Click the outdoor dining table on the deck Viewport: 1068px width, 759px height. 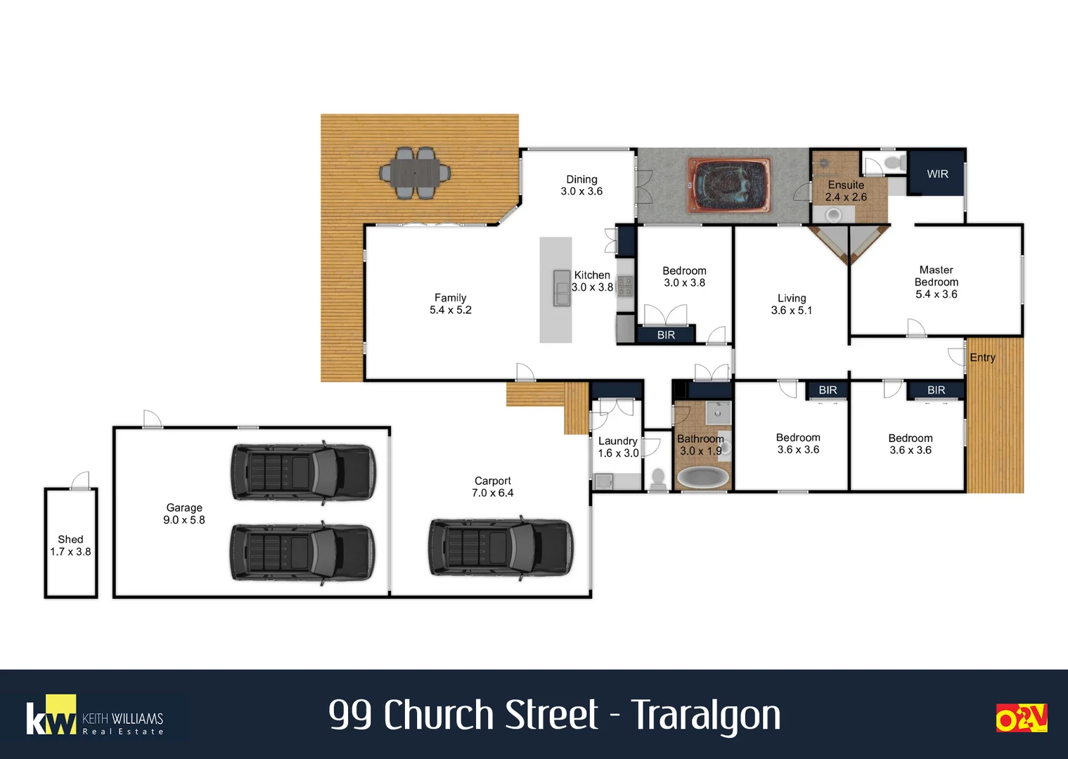[x=415, y=172]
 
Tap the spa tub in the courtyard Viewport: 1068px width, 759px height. [x=729, y=186]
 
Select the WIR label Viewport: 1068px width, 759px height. [x=937, y=174]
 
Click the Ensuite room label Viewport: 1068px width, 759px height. [x=846, y=185]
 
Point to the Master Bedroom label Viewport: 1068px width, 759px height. [x=936, y=275]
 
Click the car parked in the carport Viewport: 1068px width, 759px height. [x=501, y=548]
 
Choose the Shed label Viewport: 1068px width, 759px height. [x=70, y=539]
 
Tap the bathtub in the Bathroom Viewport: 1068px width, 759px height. [x=702, y=478]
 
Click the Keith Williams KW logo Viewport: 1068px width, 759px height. [x=51, y=717]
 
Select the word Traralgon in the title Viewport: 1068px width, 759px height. [x=705, y=715]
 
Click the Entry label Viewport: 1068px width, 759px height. [x=982, y=357]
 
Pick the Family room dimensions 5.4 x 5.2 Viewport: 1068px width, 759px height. [x=450, y=310]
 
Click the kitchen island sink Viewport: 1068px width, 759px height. [x=562, y=287]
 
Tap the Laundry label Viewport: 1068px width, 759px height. [x=617, y=441]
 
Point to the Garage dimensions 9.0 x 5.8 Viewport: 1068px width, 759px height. [x=184, y=520]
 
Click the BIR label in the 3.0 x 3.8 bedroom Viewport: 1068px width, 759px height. [x=666, y=335]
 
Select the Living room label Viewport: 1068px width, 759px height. [x=792, y=298]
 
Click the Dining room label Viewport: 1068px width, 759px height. [x=581, y=179]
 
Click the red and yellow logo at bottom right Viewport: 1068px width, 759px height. [x=1021, y=718]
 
